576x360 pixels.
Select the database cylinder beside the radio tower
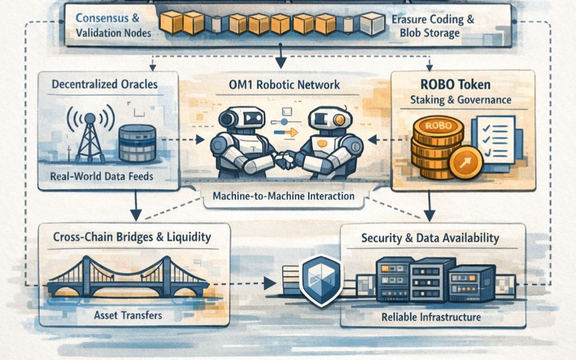pos(137,143)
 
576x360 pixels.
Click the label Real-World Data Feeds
pos(102,177)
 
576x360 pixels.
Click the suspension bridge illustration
pos(128,278)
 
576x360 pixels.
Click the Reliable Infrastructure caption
pos(431,317)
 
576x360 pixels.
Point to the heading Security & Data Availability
pos(430,238)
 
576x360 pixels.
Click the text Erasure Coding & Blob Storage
pos(433,26)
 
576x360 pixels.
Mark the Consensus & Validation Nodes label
pos(114,25)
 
